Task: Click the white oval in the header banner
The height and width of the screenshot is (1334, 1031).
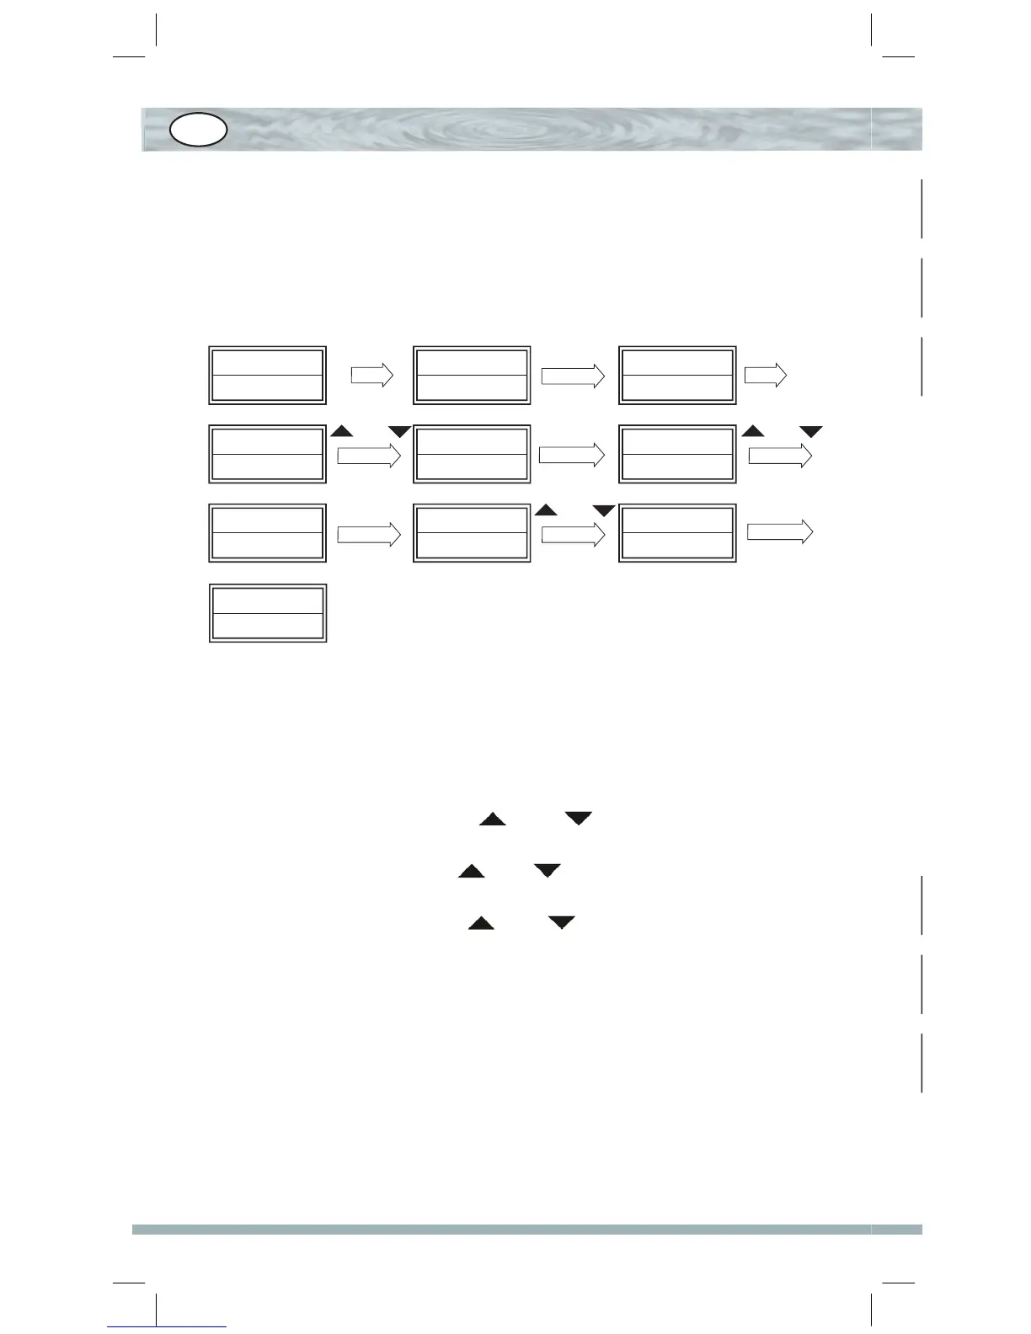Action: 199,130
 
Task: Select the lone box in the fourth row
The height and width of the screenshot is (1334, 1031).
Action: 268,613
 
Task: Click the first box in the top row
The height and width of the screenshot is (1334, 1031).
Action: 268,375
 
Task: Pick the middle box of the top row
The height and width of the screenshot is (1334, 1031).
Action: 473,375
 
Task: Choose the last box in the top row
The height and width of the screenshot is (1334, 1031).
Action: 677,375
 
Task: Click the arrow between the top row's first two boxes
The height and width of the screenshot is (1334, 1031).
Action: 372,375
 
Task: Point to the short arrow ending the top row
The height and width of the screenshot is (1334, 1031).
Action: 766,375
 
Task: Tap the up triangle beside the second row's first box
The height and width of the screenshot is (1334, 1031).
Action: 341,431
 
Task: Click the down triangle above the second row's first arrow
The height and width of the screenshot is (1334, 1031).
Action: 399,432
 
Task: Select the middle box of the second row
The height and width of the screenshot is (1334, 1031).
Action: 473,454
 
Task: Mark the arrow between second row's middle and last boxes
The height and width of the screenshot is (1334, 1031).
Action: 572,455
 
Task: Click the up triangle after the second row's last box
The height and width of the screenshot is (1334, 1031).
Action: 753,431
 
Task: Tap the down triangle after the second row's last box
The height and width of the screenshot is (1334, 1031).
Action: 810,432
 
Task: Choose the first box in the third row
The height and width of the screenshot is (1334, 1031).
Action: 268,533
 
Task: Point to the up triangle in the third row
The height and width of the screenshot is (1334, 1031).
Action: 547,510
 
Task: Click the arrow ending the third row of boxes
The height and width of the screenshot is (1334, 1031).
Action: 780,532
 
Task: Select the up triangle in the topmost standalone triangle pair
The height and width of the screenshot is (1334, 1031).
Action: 493,819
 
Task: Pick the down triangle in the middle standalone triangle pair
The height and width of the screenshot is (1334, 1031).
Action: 548,871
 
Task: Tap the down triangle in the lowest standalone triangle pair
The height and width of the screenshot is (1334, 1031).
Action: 562,923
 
